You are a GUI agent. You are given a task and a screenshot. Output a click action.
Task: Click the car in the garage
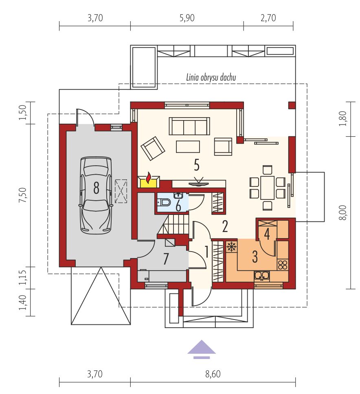tap(96, 195)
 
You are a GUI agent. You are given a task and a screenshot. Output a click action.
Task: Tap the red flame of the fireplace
tap(149, 177)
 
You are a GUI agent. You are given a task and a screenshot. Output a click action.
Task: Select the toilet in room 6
tap(164, 202)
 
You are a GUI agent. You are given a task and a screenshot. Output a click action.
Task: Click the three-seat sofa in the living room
tap(189, 126)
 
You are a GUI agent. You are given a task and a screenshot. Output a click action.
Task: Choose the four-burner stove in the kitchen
tap(283, 265)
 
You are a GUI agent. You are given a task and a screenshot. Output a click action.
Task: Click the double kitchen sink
tap(262, 276)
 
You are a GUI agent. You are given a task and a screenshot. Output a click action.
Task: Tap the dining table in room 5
tap(267, 188)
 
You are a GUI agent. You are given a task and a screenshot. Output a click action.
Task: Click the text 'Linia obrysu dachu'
tap(211, 78)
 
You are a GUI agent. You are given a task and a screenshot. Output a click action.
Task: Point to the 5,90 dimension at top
tap(187, 18)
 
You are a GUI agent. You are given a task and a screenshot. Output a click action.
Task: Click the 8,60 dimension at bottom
tap(213, 374)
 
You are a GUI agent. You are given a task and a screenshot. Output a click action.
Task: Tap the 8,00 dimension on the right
tap(342, 212)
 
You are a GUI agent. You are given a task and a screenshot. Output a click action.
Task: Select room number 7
tap(165, 259)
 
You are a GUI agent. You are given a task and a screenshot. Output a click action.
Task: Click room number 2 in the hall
tap(225, 226)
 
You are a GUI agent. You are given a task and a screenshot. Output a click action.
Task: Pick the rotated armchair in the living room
tap(153, 149)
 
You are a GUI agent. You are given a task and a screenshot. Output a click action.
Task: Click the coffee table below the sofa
tap(188, 147)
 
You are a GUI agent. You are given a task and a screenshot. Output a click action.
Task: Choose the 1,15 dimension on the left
tap(23, 278)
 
